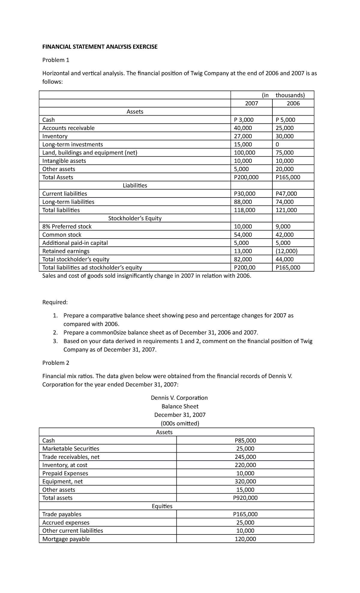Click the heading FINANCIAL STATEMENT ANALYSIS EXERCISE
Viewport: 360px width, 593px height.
tap(100, 47)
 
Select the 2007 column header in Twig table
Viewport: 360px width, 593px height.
tap(251, 104)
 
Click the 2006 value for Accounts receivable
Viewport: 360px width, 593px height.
tap(285, 128)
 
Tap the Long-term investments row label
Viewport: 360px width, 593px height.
tap(73, 144)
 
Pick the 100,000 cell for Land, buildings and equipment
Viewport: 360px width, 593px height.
tap(244, 152)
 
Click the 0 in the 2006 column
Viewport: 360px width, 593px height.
tap(277, 144)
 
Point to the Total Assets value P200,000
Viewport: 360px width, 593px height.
tap(246, 177)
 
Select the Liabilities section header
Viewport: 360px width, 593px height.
tap(135, 185)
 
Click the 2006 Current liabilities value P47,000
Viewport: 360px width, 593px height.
tap(286, 194)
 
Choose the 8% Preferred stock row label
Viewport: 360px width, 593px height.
tap(67, 227)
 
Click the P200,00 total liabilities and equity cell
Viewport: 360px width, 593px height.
tap(245, 268)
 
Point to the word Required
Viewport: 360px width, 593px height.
tap(55, 302)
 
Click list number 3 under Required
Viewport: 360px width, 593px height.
tap(55, 341)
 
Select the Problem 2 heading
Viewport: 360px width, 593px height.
tap(56, 363)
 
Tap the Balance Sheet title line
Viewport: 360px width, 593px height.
tap(180, 406)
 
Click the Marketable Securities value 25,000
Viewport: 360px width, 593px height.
tap(245, 449)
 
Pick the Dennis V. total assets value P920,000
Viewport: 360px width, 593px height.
tap(245, 498)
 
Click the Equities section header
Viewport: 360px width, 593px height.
tap(162, 506)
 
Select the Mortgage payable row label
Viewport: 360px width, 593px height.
tap(66, 539)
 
